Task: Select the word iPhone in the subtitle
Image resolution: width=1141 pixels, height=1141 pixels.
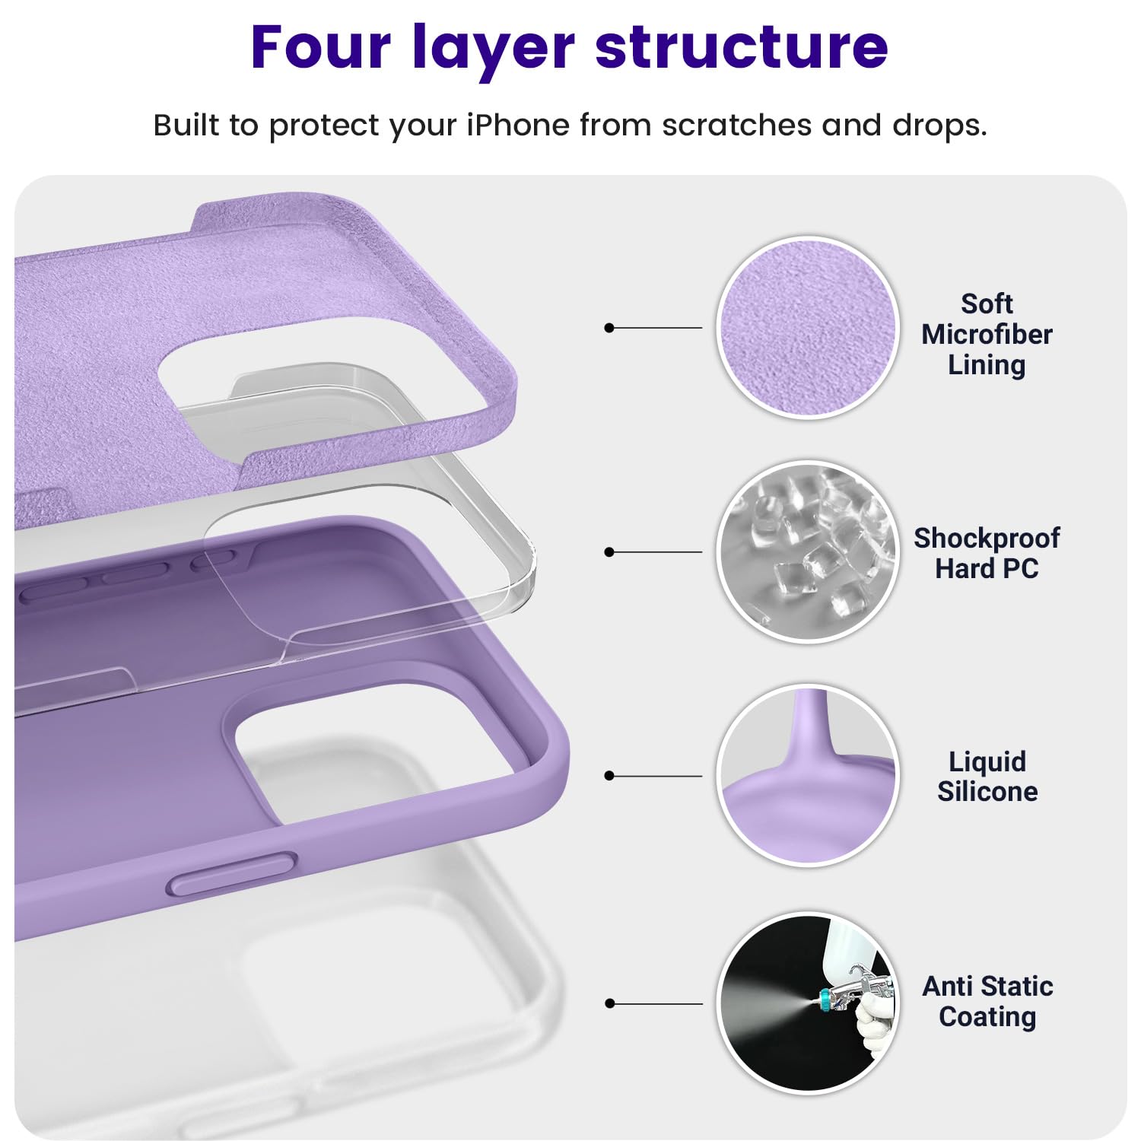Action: click(x=517, y=126)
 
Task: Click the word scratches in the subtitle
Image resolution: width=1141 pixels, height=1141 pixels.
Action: click(x=736, y=126)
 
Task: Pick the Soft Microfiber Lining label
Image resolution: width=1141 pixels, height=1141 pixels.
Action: click(x=987, y=335)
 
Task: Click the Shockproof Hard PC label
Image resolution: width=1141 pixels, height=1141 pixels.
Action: click(x=987, y=553)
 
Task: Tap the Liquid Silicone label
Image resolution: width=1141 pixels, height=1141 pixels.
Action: click(x=987, y=777)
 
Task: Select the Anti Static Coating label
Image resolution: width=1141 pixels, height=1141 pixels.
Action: click(x=987, y=1001)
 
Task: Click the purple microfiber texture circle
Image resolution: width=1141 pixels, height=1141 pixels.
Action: click(x=807, y=328)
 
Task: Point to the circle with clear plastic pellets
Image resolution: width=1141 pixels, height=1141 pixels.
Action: click(x=807, y=552)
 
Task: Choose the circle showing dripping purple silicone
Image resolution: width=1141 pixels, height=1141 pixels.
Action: click(x=807, y=776)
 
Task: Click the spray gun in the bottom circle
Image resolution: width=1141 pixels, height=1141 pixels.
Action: click(x=852, y=993)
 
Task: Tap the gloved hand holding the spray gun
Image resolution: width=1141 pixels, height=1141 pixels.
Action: click(x=875, y=1023)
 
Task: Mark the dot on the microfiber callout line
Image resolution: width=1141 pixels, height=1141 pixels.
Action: click(x=609, y=328)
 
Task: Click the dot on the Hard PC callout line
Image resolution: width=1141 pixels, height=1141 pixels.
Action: click(x=609, y=552)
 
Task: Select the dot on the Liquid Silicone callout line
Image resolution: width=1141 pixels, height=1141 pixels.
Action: click(x=609, y=776)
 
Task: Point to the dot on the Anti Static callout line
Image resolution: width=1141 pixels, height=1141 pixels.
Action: click(x=609, y=1004)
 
